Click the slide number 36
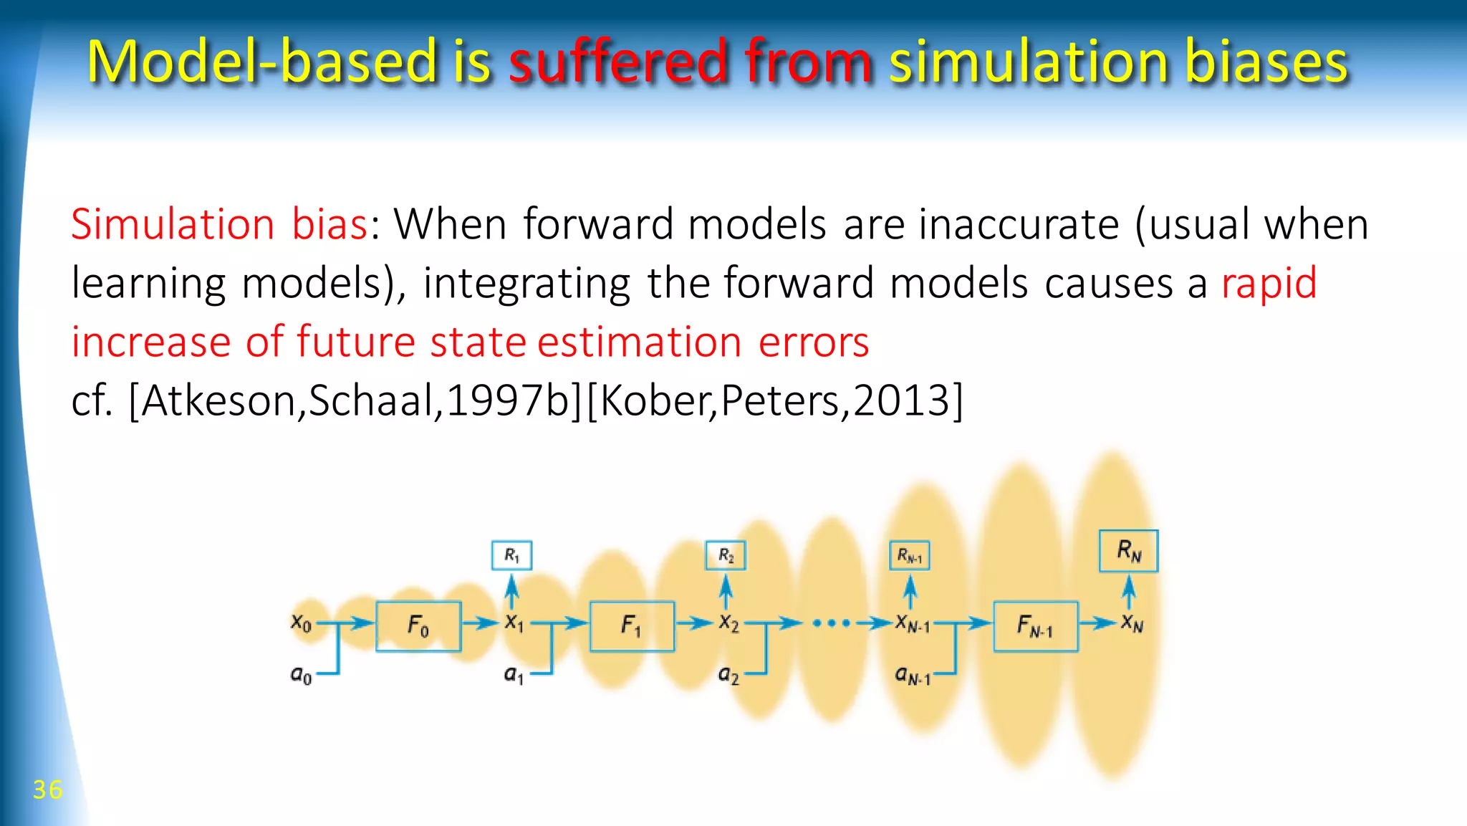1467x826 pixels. click(x=47, y=789)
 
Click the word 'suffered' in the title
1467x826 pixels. click(x=617, y=62)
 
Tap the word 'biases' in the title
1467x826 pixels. click(x=1266, y=62)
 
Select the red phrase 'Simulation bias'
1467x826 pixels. click(x=219, y=224)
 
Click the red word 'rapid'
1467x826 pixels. click(x=1269, y=283)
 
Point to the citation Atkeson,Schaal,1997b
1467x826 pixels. click(x=355, y=400)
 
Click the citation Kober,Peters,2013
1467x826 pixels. click(x=774, y=400)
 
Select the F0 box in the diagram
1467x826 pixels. click(x=418, y=626)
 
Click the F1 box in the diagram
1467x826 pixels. click(x=631, y=626)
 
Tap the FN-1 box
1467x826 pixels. click(x=1035, y=626)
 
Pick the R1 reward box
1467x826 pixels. click(x=511, y=555)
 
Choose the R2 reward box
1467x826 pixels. click(x=726, y=555)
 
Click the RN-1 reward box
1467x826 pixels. click(x=910, y=555)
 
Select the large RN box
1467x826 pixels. click(x=1128, y=551)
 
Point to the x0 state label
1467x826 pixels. click(x=301, y=623)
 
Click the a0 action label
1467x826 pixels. click(x=301, y=674)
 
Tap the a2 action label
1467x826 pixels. click(x=728, y=674)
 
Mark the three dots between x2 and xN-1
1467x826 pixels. click(x=832, y=623)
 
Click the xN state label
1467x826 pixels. click(x=1132, y=623)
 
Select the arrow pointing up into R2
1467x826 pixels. click(x=726, y=592)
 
